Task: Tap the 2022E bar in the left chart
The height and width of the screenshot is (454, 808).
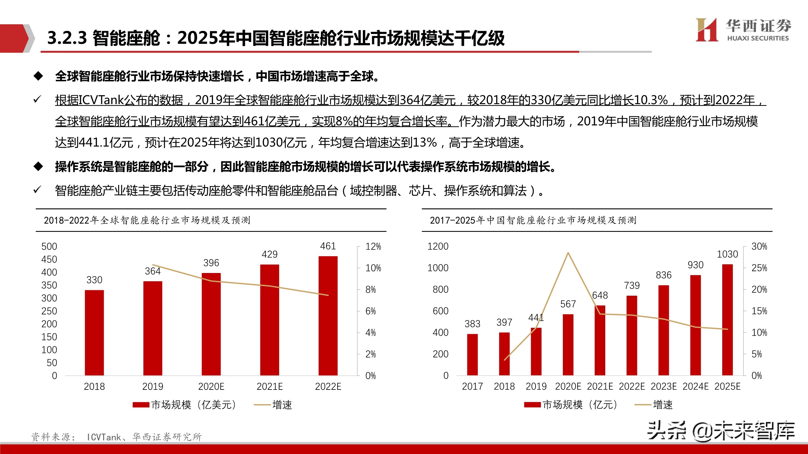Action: [x=328, y=315]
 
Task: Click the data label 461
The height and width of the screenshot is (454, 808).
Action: [x=328, y=246]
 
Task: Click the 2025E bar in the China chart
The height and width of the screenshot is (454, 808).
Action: [x=727, y=320]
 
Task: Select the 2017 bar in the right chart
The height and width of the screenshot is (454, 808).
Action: [x=472, y=354]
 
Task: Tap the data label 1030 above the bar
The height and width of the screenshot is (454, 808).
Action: [x=727, y=254]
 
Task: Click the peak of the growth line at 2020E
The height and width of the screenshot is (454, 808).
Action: [x=568, y=253]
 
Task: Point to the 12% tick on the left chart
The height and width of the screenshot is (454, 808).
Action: [x=373, y=247]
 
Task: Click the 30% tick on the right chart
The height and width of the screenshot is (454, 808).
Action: [x=759, y=247]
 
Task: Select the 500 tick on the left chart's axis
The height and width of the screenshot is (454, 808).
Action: [x=49, y=247]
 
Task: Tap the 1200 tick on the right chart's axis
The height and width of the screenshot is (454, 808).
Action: [x=438, y=247]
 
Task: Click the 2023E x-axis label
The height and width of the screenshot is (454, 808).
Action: [x=663, y=386]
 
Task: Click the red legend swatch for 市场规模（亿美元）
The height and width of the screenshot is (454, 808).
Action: [x=141, y=405]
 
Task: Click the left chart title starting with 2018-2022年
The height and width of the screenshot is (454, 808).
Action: [x=147, y=220]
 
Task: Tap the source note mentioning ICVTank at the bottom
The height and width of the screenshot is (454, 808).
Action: [x=116, y=437]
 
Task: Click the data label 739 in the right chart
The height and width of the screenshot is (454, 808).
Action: [x=631, y=285]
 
